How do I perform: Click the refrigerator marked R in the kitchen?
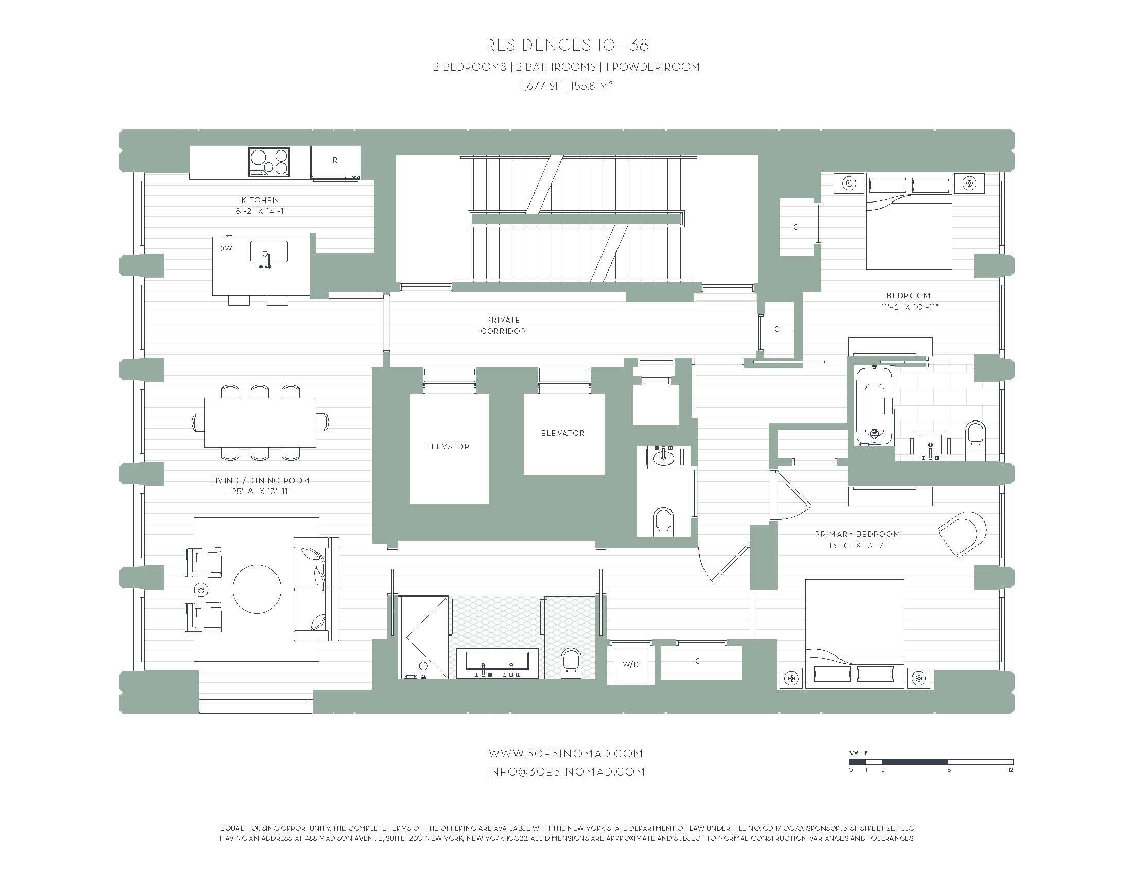coord(335,163)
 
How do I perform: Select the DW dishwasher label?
coord(225,249)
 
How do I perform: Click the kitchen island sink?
coord(269,251)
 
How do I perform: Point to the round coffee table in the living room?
coord(257,588)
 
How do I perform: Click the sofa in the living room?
coord(316,589)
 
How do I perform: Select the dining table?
coord(260,423)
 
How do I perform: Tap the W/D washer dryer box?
coord(631,665)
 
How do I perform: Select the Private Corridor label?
coord(503,325)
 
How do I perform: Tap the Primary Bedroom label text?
coord(857,534)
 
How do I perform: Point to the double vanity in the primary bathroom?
coord(497,663)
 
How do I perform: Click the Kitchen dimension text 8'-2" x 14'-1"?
coord(260,211)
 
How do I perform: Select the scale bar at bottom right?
coord(931,762)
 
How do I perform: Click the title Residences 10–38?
coord(567,46)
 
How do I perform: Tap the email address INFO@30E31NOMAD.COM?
coord(565,772)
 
